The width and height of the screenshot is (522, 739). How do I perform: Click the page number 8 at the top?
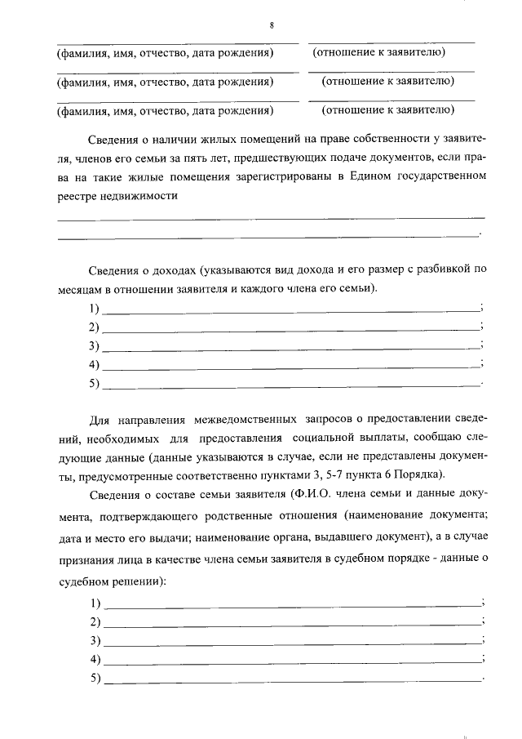tap(271, 25)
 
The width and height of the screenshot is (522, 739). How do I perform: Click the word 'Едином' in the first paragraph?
tap(366, 176)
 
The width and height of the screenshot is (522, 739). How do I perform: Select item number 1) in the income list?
tap(94, 309)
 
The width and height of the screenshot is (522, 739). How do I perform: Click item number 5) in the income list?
tap(94, 383)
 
